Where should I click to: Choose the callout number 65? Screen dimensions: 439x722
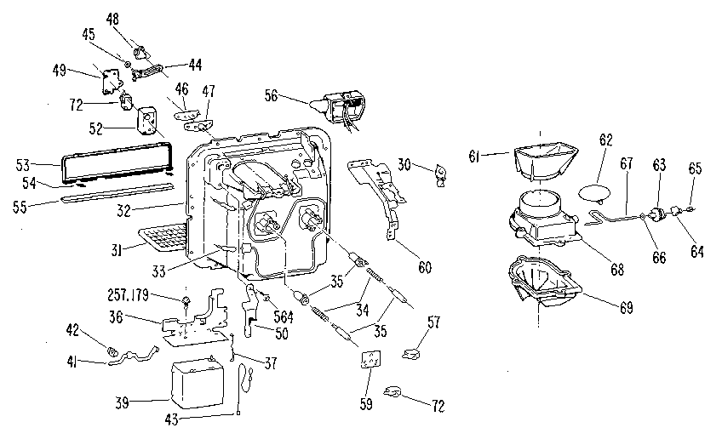696,170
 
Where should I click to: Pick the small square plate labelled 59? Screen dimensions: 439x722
370,360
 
